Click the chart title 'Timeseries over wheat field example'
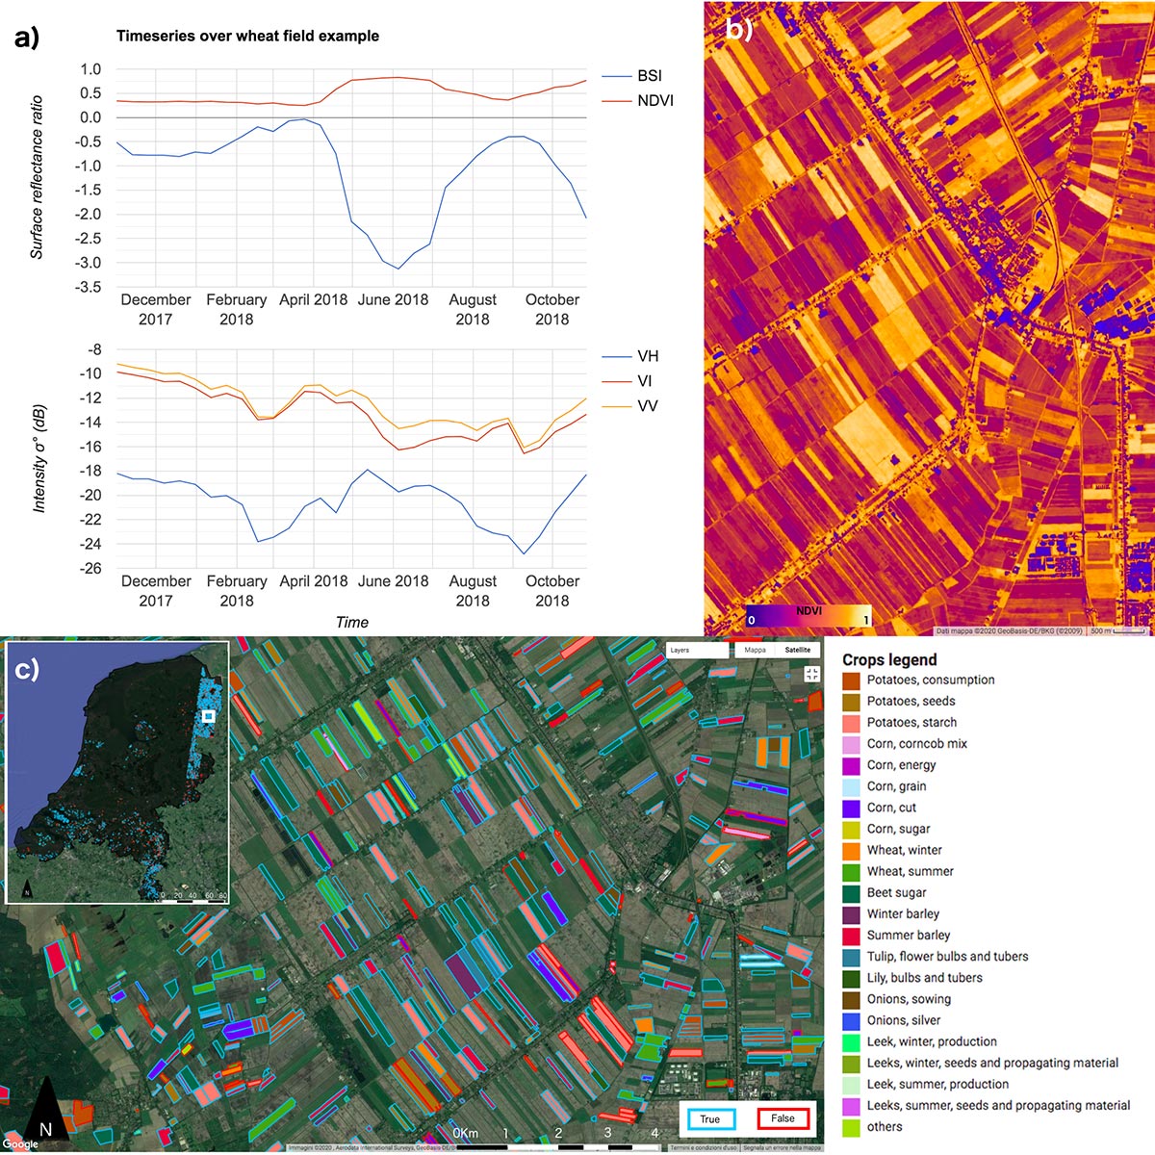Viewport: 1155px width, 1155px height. (x=247, y=37)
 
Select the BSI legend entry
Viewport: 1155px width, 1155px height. (x=649, y=76)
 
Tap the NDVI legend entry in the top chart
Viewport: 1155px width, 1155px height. (x=654, y=101)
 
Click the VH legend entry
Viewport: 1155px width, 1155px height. (x=648, y=356)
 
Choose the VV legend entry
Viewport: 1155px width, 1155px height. (x=648, y=406)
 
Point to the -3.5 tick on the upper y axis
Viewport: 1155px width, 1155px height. (x=90, y=287)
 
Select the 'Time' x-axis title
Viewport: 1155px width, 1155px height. (x=351, y=622)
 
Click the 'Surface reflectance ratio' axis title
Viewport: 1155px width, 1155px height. (x=37, y=177)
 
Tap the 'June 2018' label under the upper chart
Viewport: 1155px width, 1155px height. (x=393, y=299)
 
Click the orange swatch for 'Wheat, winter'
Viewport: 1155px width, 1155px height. (x=851, y=851)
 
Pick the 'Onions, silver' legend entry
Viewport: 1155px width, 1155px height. (x=903, y=1020)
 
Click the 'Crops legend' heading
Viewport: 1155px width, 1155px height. (x=888, y=659)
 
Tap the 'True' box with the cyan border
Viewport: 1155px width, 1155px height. (x=710, y=1119)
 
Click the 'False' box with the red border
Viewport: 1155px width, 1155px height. (x=782, y=1118)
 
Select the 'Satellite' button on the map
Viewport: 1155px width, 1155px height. (x=798, y=650)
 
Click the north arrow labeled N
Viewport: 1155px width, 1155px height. (x=44, y=1121)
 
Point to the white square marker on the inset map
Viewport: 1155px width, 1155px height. (x=208, y=716)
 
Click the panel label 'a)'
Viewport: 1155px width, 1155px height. (x=27, y=38)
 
